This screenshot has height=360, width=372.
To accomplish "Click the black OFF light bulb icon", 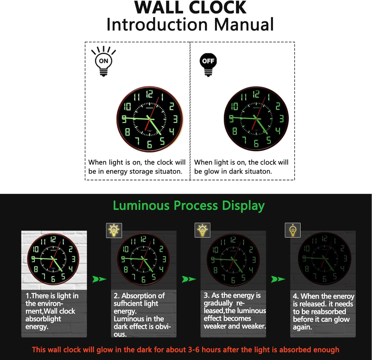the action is (208, 65).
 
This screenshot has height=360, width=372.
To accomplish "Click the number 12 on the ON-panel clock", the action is (149, 94).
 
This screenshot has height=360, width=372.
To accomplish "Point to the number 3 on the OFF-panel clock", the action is (282, 119).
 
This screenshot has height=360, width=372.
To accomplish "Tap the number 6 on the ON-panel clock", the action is (149, 144).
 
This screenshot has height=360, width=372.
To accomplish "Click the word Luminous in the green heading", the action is (141, 205).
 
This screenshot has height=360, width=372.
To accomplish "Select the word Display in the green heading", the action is (243, 206).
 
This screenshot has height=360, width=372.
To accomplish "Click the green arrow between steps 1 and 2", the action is (99, 279).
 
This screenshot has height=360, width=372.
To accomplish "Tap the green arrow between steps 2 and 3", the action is (189, 279).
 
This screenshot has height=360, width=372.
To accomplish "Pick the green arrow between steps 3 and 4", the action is (278, 279).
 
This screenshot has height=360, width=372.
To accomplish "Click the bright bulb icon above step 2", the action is (114, 230).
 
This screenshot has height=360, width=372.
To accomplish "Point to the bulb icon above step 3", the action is (202, 230).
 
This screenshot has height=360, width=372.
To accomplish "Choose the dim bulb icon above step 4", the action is (293, 230).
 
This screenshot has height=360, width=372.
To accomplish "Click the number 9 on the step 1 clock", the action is (33, 259).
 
